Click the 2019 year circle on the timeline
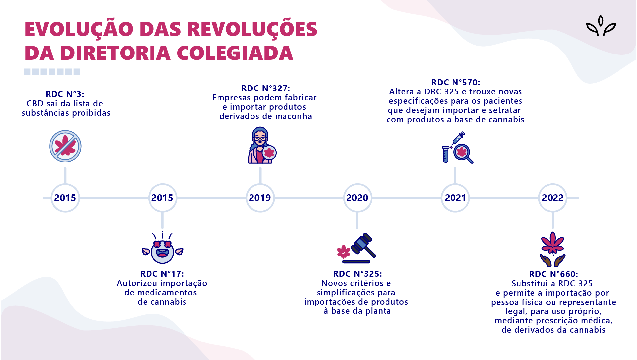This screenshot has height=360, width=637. [x=260, y=198]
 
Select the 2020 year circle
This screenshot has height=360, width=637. [x=357, y=198]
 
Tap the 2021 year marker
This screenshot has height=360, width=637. [x=455, y=198]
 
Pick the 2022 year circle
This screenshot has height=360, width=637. [x=553, y=198]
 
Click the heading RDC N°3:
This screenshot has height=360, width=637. [x=65, y=94]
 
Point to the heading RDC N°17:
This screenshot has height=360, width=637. [x=162, y=274]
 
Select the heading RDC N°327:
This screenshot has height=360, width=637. [x=266, y=89]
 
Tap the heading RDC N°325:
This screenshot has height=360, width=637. [x=357, y=274]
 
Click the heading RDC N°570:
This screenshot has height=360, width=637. [x=455, y=83]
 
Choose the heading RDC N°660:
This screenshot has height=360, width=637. [x=553, y=274]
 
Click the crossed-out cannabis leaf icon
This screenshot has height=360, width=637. [x=65, y=146]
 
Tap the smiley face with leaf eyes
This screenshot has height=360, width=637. [x=162, y=251]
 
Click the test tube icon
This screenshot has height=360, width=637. [x=445, y=155]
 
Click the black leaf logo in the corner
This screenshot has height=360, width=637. [x=601, y=26]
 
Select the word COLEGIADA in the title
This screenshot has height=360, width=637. [x=235, y=53]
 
